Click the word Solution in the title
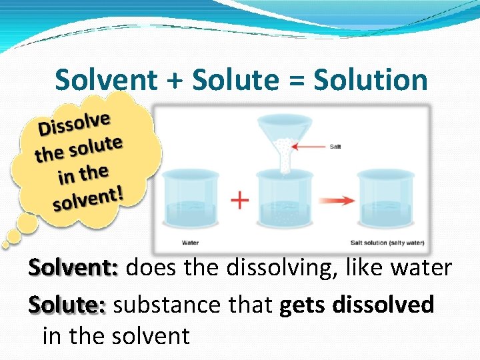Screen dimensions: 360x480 pyautogui.click(x=370, y=81)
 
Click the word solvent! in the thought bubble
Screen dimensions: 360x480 pyautogui.click(x=89, y=199)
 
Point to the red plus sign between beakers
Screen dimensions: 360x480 pyautogui.click(x=239, y=199)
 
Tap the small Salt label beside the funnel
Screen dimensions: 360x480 pyautogui.click(x=335, y=146)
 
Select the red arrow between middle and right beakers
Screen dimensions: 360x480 pyautogui.click(x=331, y=199)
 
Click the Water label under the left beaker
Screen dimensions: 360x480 pyautogui.click(x=190, y=243)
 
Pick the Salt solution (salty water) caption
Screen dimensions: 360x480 pyautogui.click(x=387, y=243)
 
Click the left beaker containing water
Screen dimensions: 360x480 pyautogui.click(x=190, y=200)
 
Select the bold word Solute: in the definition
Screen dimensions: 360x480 pyautogui.click(x=67, y=305)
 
